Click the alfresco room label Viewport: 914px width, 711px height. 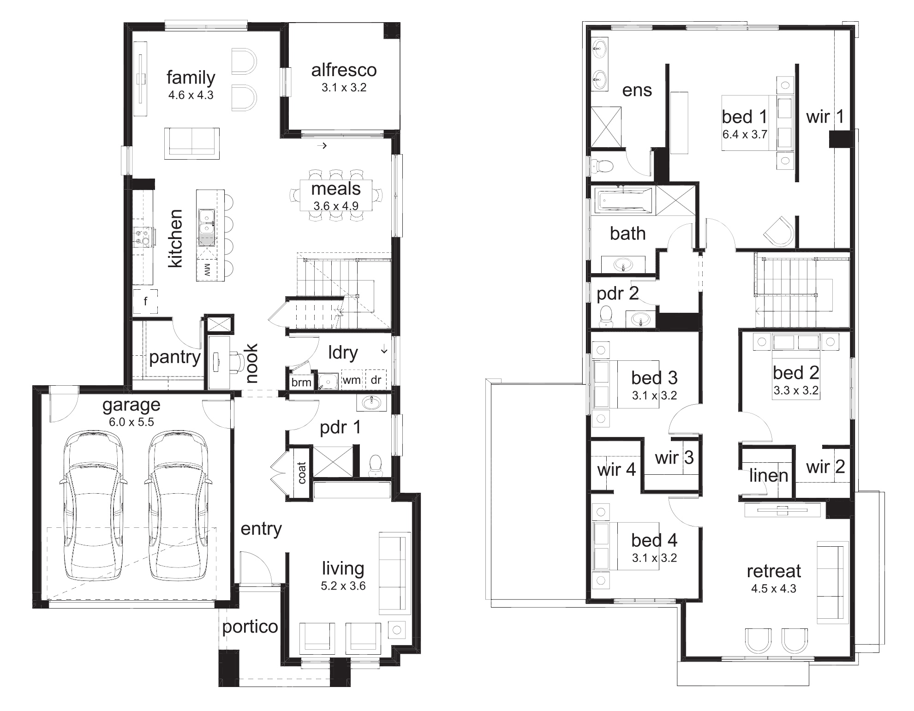[344, 70]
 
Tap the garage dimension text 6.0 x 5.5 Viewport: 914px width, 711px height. [131, 422]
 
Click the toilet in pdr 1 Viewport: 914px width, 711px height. [376, 466]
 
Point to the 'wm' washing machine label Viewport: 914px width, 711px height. [352, 380]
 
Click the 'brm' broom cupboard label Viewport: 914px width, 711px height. [301, 382]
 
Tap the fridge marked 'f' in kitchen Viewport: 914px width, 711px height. [145, 301]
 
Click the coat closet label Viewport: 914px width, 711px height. [302, 472]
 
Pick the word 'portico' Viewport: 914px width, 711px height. [250, 627]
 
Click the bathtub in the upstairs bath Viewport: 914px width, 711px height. [626, 201]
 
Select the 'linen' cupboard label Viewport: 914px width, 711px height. [769, 475]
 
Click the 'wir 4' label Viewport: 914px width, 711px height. [616, 470]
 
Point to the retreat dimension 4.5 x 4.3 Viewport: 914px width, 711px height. [774, 588]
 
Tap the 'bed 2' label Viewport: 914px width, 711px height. [796, 372]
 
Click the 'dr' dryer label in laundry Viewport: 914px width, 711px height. [376, 380]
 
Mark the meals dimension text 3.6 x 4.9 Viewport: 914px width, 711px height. [336, 206]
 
